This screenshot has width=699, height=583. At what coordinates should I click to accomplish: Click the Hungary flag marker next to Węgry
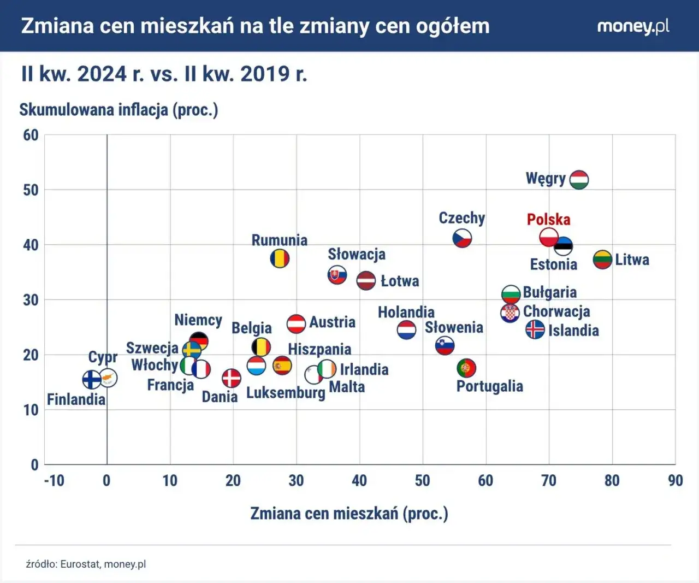point(579,179)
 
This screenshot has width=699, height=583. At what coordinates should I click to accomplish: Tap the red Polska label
point(548,220)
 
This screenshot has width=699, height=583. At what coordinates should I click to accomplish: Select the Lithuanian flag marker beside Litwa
point(602,259)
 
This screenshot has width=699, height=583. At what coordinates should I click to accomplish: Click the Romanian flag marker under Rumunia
point(280,258)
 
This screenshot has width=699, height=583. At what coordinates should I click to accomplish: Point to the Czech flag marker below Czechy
point(462,238)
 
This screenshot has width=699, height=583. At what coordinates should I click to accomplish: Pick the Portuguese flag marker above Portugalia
point(466,368)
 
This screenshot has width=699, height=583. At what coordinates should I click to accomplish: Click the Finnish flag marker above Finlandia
point(92,379)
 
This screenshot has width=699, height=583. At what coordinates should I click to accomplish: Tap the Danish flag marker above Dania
point(232,378)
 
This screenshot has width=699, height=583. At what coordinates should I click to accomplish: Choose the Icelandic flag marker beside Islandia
point(535,329)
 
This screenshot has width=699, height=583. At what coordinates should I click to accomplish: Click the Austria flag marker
point(296,324)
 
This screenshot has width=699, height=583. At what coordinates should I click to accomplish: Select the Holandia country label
point(406,312)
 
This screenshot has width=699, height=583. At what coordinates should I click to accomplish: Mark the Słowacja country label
point(356,254)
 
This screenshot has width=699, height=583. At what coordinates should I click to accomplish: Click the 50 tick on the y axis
point(31,190)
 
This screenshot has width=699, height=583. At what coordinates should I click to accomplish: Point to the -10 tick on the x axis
point(54,481)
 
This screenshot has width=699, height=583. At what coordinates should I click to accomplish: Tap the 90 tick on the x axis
point(675,481)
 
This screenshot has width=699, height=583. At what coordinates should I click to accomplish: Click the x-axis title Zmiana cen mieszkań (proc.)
point(349,514)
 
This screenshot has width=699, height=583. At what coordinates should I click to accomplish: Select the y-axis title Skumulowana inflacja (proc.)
point(119,110)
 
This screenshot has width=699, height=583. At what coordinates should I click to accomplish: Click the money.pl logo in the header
point(633,26)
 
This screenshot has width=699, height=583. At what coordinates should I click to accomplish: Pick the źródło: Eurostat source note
point(86,564)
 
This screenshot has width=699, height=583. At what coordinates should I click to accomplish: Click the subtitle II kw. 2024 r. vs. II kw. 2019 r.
point(164,74)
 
